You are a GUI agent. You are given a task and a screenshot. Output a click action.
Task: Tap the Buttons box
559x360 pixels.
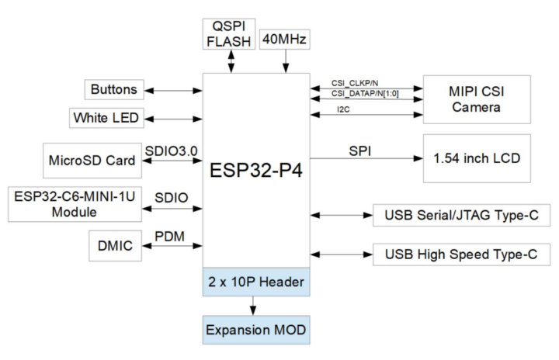[113, 90]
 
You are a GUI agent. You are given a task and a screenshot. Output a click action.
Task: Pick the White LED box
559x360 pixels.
[105, 119]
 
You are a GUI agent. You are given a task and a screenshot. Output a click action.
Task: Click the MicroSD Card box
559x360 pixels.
[92, 162]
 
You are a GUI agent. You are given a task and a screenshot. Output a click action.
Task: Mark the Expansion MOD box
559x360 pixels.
[256, 330]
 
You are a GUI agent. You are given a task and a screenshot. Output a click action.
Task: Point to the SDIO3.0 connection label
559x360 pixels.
[173, 149]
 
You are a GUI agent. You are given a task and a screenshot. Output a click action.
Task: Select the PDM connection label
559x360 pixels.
[171, 234]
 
